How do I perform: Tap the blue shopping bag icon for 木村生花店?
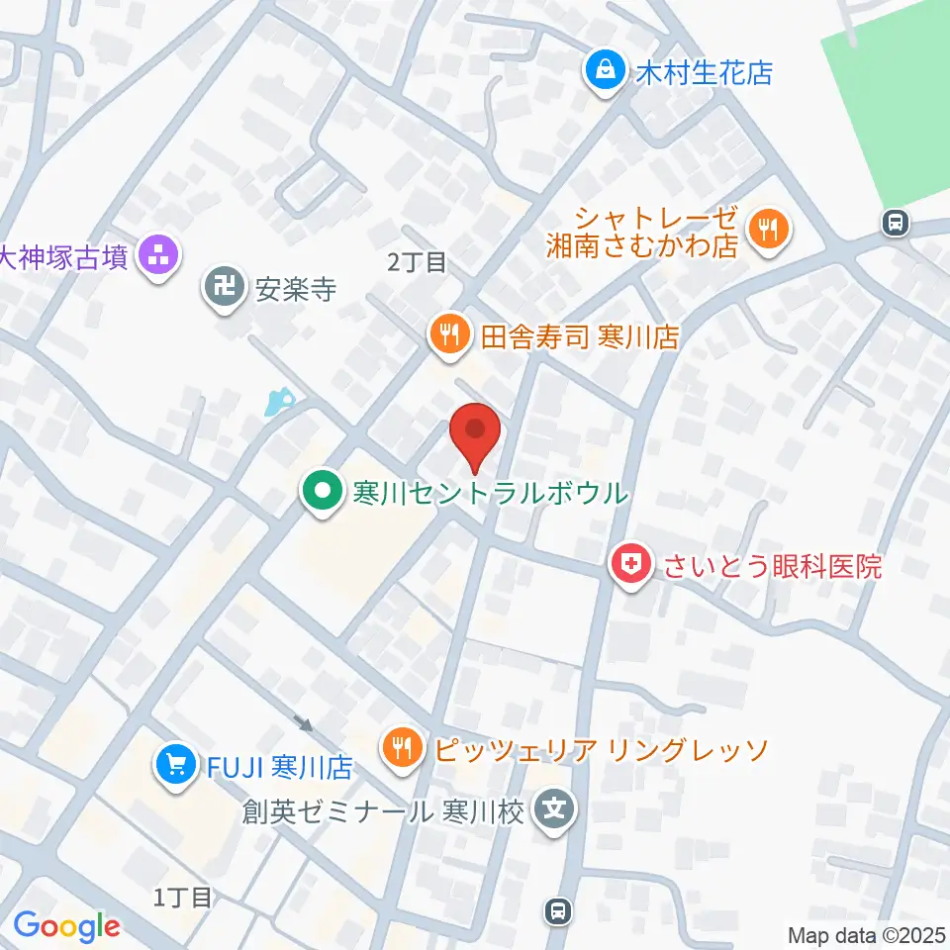pos(602,70)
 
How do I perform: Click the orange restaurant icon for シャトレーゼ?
pos(767,229)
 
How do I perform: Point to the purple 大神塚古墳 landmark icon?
pos(159,256)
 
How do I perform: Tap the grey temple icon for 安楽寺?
pos(223,289)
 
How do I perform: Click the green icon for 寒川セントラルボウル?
pos(321,492)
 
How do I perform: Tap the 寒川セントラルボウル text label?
pos(490,492)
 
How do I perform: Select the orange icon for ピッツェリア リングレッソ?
pos(401,747)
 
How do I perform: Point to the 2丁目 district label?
pos(417,262)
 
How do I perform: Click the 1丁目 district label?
pos(183,898)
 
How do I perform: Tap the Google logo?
pos(66,927)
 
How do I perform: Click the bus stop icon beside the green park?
pos(896,223)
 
